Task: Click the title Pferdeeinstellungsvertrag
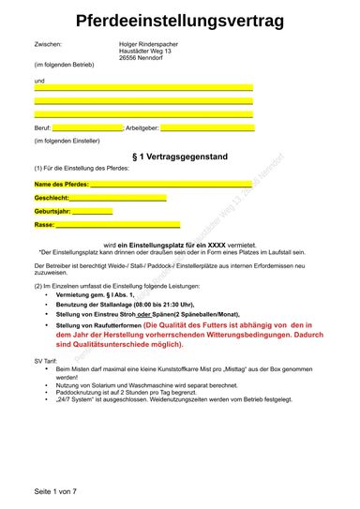coord(180,21)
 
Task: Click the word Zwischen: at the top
coord(48,44)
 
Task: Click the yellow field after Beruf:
coord(87,127)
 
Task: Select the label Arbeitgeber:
coord(142,127)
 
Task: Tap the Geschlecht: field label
coord(52,198)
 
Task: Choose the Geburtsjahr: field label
coord(52,211)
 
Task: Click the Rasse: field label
coord(45,225)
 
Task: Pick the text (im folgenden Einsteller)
coord(67,141)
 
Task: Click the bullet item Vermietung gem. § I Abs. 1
coord(96,295)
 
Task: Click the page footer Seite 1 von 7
coord(56,491)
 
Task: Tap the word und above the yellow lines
coord(39,81)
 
